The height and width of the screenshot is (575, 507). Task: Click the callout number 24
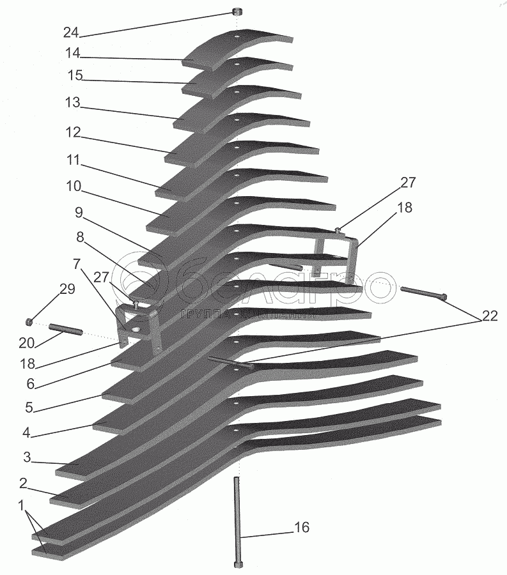tap(72, 31)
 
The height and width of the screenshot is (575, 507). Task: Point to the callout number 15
tap(75, 76)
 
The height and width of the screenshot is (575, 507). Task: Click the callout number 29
tap(67, 289)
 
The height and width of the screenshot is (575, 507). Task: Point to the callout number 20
tap(26, 343)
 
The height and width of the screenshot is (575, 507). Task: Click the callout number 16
tap(301, 527)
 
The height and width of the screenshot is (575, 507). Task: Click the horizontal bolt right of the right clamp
tap(423, 293)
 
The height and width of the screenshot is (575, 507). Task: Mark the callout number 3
tap(27, 457)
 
